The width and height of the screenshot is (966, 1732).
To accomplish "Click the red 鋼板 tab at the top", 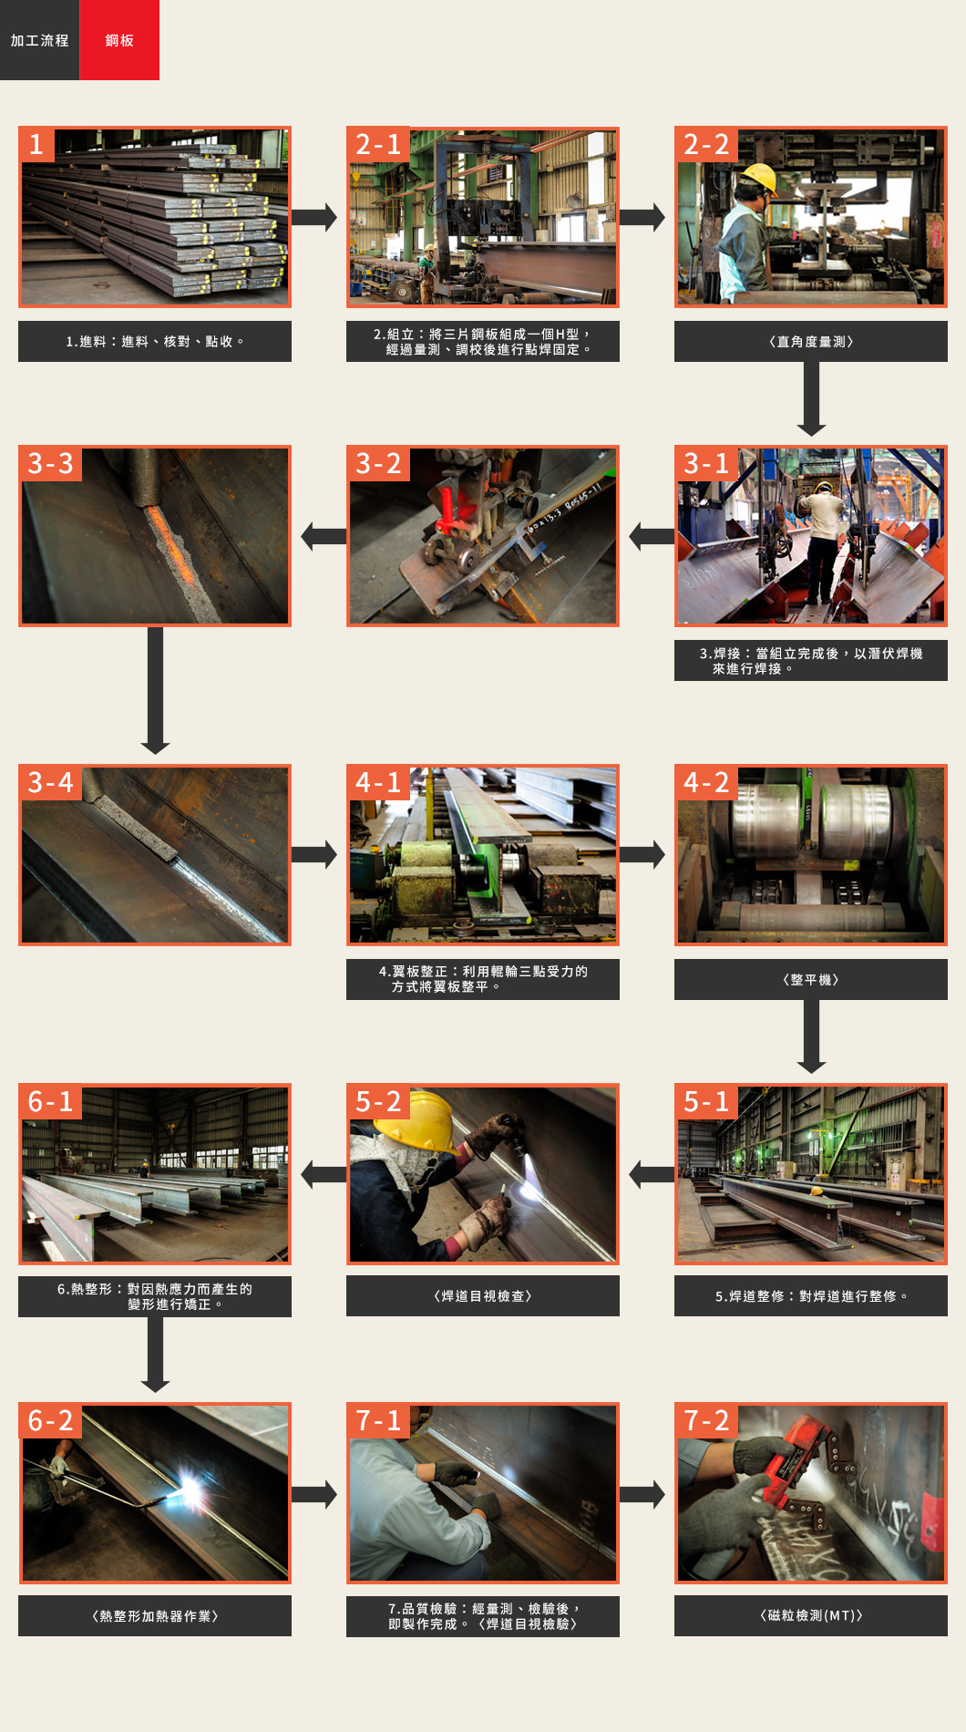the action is click(x=119, y=40).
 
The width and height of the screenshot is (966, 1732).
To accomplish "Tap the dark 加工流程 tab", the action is click(x=40, y=40).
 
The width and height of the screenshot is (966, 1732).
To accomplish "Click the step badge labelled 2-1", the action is click(x=378, y=144).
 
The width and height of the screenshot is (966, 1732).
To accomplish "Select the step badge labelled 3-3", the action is click(x=50, y=463).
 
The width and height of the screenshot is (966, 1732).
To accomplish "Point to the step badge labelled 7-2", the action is click(x=706, y=1420).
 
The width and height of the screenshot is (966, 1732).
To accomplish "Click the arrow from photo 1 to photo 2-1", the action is click(x=314, y=217).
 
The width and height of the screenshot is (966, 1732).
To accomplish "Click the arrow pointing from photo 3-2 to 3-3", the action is click(x=324, y=536).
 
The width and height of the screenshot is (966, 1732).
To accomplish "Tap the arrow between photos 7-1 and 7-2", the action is click(x=642, y=1494).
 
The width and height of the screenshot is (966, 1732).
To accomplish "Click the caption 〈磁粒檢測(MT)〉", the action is click(x=811, y=1615).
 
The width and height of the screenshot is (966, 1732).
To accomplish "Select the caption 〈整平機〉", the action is click(x=811, y=979).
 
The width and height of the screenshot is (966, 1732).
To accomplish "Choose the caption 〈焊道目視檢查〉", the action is click(x=483, y=1295).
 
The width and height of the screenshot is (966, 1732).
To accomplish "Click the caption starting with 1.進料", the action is click(x=155, y=341).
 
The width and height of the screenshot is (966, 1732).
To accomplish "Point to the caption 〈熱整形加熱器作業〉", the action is click(x=155, y=1615).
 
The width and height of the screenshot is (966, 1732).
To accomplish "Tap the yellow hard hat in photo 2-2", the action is click(x=759, y=177).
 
